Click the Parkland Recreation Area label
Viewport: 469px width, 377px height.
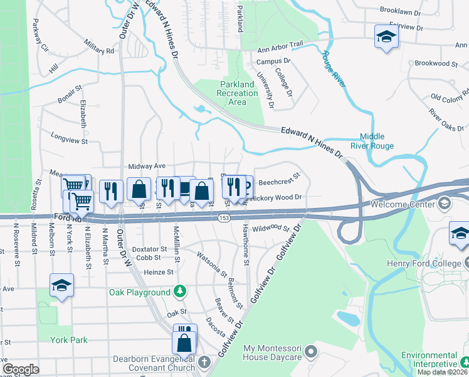coord(238,93)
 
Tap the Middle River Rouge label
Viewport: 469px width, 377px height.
coord(376,141)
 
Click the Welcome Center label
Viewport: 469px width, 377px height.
coord(403,204)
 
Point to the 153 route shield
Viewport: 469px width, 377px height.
coord(224,217)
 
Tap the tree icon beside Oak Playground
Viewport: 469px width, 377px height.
coord(180,292)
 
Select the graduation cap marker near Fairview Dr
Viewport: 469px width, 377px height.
coord(386,36)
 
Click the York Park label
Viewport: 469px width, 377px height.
coord(70,340)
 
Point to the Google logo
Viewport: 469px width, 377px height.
coord(21,369)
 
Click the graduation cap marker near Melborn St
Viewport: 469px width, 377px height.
coord(61,286)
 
